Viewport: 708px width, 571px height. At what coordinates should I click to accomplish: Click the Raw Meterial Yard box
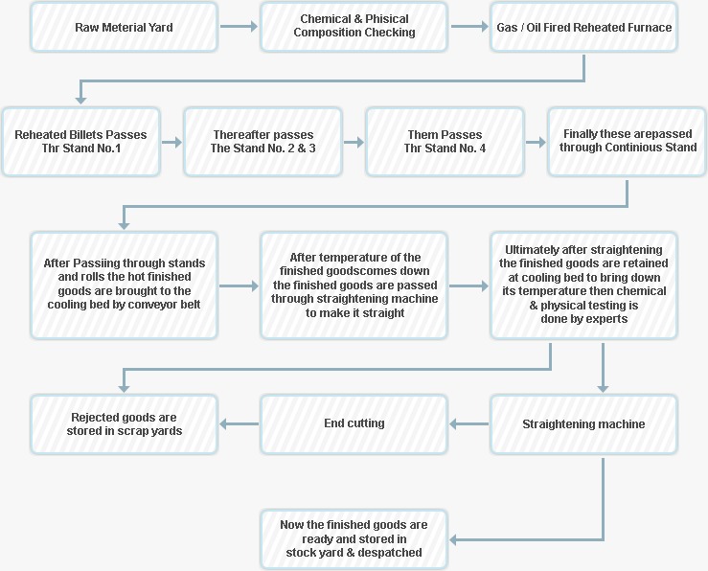[x=124, y=27]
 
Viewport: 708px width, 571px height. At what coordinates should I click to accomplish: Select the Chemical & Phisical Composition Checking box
[x=354, y=27]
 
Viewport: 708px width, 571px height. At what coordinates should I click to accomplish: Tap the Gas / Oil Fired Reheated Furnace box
[x=583, y=27]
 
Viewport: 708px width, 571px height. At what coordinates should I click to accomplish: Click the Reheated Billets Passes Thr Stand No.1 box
[x=81, y=142]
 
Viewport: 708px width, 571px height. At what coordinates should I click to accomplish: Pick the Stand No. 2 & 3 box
[x=263, y=142]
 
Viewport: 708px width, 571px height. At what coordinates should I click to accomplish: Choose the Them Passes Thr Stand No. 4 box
[x=445, y=142]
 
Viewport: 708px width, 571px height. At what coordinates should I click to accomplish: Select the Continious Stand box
[x=628, y=142]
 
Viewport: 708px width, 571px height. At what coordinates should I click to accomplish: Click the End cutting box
[x=354, y=423]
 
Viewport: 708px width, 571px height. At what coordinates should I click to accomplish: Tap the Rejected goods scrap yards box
[x=124, y=423]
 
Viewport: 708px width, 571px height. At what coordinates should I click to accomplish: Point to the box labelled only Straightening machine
[x=583, y=423]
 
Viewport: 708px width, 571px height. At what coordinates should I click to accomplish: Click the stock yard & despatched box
[x=354, y=539]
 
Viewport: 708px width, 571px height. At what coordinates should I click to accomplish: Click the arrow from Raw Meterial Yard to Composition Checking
[x=239, y=27]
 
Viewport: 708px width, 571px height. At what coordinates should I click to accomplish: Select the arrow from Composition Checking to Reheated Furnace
[x=469, y=27]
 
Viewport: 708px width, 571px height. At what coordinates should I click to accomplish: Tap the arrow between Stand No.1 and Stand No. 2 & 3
[x=172, y=143]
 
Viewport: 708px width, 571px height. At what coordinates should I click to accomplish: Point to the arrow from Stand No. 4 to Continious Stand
[x=536, y=143]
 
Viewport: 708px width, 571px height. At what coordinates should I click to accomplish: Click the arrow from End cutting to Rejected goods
[x=239, y=423]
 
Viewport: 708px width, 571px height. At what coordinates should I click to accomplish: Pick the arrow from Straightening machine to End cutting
[x=468, y=423]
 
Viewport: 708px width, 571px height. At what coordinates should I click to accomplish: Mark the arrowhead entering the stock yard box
[x=452, y=539]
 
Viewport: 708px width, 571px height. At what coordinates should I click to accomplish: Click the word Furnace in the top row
[x=652, y=28]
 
